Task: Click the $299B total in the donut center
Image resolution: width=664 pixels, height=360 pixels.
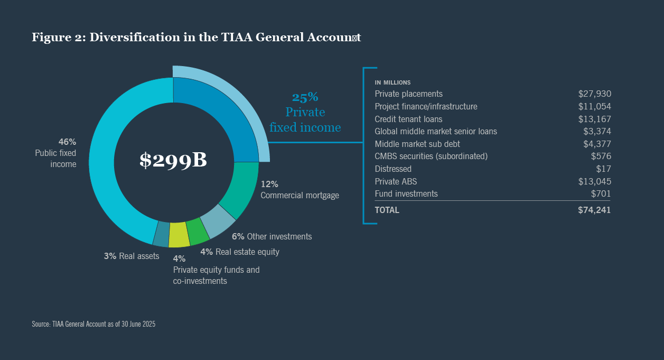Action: click(x=173, y=161)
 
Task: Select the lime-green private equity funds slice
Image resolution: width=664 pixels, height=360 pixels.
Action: click(x=179, y=235)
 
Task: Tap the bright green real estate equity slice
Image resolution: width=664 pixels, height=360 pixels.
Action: click(x=198, y=232)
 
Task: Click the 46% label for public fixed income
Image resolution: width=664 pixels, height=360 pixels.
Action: click(x=67, y=142)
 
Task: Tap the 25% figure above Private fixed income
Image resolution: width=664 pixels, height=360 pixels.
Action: click(x=305, y=97)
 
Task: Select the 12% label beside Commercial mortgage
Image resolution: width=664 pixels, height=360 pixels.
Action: click(x=269, y=184)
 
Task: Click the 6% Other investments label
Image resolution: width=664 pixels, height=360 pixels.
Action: click(x=272, y=236)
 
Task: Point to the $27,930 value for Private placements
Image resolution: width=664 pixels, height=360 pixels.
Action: click(x=594, y=94)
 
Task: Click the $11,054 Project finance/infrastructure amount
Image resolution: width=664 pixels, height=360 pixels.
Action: click(x=594, y=106)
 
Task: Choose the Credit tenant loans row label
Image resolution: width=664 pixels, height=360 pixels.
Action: click(x=408, y=119)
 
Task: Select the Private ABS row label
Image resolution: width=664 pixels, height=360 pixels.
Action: click(x=396, y=181)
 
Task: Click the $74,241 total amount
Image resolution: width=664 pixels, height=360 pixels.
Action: click(x=594, y=210)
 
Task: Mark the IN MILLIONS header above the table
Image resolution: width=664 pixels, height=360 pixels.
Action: click(x=392, y=82)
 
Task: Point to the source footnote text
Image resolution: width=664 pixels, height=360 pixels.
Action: click(x=93, y=324)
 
